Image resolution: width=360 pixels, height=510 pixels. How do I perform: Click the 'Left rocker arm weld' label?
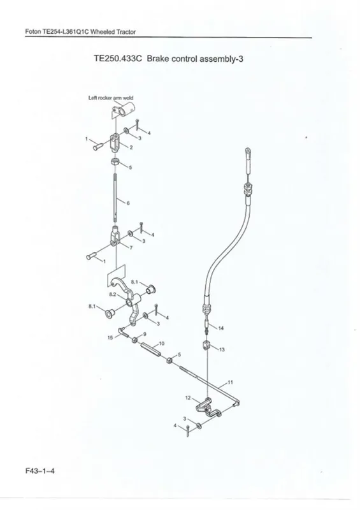coord(111,98)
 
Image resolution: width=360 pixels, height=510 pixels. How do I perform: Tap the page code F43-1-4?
coord(40,470)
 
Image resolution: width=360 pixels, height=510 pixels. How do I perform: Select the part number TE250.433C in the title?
coord(118,59)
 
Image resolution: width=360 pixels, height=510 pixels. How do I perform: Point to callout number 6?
coord(128,203)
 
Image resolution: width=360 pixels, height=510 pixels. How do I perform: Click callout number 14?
coord(221,328)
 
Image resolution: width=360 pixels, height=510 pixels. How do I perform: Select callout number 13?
coord(222,349)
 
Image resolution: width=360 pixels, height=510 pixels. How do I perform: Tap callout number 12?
coord(187,397)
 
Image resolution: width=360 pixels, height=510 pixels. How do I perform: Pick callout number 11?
coord(230,382)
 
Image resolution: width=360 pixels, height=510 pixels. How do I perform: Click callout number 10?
coord(162,343)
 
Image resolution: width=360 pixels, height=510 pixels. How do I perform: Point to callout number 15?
coord(110,338)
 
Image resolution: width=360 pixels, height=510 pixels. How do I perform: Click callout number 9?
coord(145,334)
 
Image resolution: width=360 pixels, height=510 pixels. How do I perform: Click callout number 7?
coord(131,248)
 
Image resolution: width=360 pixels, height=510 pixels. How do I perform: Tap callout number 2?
coord(131,147)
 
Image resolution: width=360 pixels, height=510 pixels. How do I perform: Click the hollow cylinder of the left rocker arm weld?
coord(124,110)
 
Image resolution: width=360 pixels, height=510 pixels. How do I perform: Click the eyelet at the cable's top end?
coord(248,150)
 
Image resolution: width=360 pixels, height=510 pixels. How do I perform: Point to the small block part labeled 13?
coord(207,345)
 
